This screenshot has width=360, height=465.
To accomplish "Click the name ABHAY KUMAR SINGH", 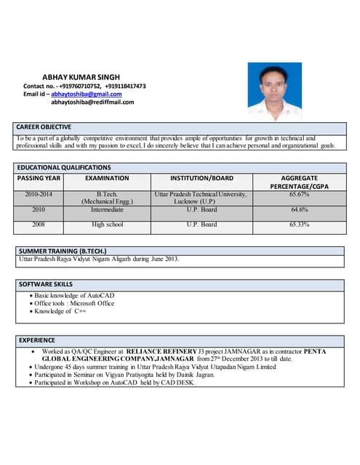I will coord(81,76).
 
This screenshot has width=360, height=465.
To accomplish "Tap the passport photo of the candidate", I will coord(274,92).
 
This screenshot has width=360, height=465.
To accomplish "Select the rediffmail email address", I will coord(92,102).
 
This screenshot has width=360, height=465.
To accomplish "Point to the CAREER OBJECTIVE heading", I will coord(44,127).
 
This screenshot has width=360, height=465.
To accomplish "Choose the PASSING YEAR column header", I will coord(39,177).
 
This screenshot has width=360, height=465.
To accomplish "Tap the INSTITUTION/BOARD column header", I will coord(201,177).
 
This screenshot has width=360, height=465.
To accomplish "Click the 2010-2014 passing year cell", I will coord(39,195).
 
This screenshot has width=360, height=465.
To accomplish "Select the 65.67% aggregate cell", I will coord(299,195).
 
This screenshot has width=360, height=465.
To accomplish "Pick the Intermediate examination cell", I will coord(107,210).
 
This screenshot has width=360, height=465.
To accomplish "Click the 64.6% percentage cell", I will coord(299,210).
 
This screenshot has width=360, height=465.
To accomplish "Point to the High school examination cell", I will coord(107,225).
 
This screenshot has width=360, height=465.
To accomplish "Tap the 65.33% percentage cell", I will coord(299,225).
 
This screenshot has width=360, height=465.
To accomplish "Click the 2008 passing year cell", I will coord(39,225).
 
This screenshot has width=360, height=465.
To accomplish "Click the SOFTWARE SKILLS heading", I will coord(46,284).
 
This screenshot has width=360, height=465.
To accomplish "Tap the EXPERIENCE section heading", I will coord(37,339).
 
